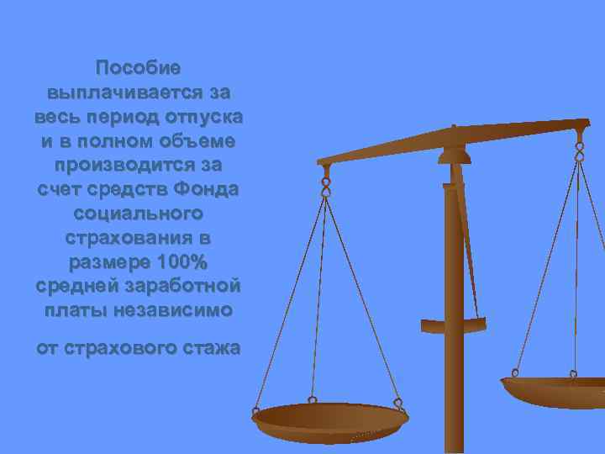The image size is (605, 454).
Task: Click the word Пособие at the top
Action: [x=138, y=66]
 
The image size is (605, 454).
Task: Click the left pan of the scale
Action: [x=329, y=418]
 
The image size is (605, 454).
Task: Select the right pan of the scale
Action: [x=555, y=390]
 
